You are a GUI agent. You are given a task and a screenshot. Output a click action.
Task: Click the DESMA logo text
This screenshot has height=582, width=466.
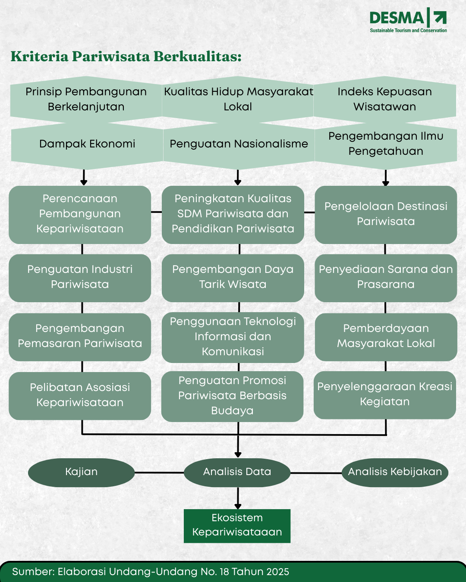point(397,18)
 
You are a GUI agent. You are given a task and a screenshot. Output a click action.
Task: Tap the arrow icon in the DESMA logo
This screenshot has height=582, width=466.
point(440,18)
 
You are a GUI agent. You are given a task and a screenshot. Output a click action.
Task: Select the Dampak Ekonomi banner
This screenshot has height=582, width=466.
point(87,144)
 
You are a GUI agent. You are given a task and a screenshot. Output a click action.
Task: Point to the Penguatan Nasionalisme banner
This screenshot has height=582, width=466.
point(239,144)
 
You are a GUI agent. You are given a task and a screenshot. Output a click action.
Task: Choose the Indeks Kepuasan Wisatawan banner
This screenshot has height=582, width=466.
point(384,99)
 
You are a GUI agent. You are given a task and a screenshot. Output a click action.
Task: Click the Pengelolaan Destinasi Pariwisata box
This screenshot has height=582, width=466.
point(386,214)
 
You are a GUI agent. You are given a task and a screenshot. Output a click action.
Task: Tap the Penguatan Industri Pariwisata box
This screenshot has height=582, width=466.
point(80,277)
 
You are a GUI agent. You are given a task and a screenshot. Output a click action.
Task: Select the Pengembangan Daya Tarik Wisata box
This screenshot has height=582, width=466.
point(233,277)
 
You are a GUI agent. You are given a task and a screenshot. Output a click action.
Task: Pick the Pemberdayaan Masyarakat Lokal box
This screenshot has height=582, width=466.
point(386,336)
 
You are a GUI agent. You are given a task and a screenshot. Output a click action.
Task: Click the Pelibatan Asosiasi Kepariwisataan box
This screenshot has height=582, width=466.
point(80,395)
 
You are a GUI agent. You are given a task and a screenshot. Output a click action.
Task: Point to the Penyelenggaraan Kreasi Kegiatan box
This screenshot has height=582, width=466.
point(384,394)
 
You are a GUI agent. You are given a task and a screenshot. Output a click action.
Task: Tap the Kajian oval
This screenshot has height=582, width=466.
point(81,472)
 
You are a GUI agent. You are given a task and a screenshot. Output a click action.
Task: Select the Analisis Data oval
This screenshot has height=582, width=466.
point(237,472)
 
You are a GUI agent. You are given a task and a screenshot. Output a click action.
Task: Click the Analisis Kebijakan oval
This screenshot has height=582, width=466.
point(395,472)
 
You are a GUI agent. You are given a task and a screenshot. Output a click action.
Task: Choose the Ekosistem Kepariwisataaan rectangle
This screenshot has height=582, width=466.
point(237,526)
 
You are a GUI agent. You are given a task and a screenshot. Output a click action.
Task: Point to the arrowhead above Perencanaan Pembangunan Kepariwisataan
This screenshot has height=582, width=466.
point(84,182)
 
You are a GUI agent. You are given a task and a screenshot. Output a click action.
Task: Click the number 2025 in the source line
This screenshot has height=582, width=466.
point(277,572)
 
